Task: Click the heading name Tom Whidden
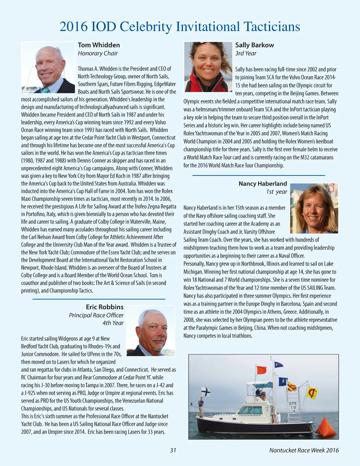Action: (x=99, y=45)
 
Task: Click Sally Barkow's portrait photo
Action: (x=208, y=67)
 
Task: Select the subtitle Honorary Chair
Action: (x=98, y=53)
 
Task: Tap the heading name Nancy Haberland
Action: (x=263, y=184)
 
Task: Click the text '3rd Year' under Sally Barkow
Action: (x=246, y=53)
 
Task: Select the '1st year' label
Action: (x=277, y=192)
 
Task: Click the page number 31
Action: (x=173, y=450)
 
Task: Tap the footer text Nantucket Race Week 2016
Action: (x=304, y=450)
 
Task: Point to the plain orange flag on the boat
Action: (x=261, y=370)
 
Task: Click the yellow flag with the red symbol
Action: (x=311, y=392)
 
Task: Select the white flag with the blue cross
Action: (x=205, y=391)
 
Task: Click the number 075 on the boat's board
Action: (x=293, y=403)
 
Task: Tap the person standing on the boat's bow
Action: (x=201, y=406)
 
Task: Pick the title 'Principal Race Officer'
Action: (x=96, y=315)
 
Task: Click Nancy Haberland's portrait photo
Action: (x=314, y=208)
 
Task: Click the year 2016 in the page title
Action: (x=73, y=27)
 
